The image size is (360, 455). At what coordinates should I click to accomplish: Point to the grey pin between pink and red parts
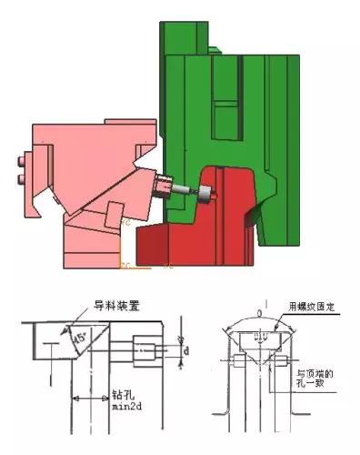click(x=187, y=192)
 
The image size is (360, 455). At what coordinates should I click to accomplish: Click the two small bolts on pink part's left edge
click(x=21, y=172)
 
